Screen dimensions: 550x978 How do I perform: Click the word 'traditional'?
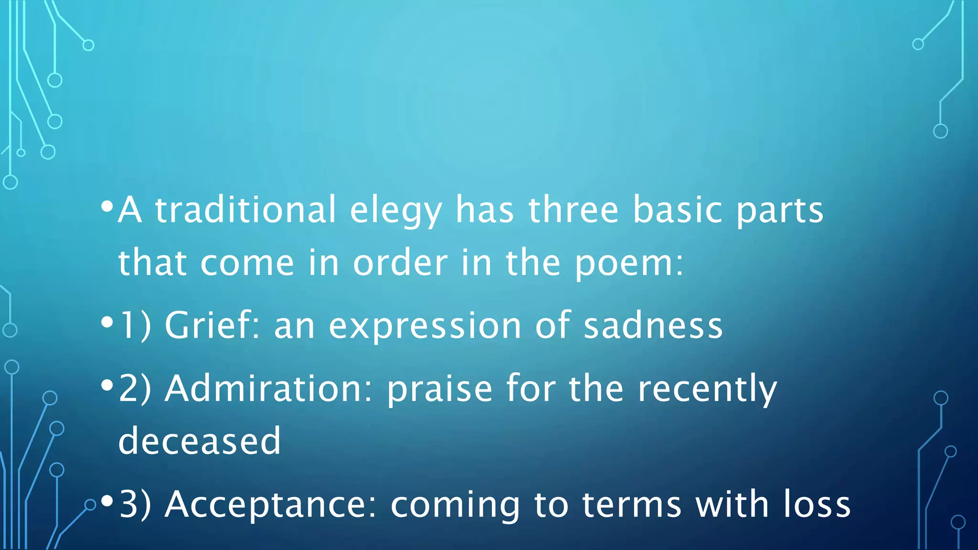tap(246, 210)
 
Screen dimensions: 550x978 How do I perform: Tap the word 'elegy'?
tap(396, 212)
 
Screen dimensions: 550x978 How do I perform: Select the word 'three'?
tap(574, 210)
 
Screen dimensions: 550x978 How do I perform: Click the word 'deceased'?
tap(200, 441)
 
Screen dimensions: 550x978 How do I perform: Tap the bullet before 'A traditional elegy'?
tap(107, 207)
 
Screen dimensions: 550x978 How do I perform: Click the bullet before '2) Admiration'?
tap(107, 385)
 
